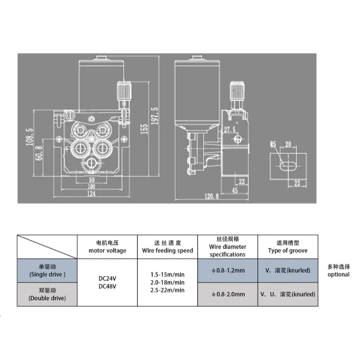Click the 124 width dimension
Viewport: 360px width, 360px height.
91,195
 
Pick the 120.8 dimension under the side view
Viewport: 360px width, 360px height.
212,196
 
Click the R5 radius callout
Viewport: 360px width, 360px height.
272,144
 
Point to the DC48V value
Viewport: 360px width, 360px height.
107,287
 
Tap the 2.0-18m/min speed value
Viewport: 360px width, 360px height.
167,282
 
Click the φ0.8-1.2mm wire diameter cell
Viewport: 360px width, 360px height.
227,270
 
